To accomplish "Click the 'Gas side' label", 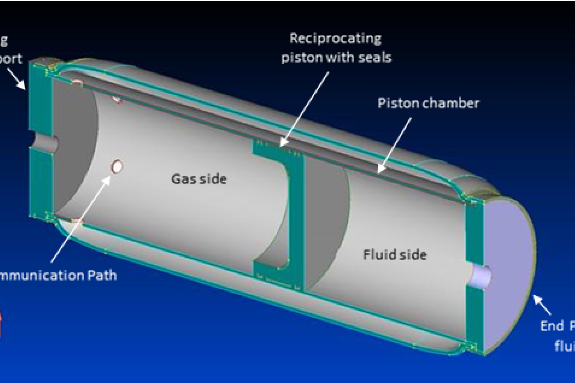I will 199,179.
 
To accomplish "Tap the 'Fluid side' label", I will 395,255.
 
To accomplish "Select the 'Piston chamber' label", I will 428,103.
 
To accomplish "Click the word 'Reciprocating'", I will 335,39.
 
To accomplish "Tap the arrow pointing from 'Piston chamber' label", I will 394,144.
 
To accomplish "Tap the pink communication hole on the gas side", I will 117,166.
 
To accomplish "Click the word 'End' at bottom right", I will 552,326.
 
